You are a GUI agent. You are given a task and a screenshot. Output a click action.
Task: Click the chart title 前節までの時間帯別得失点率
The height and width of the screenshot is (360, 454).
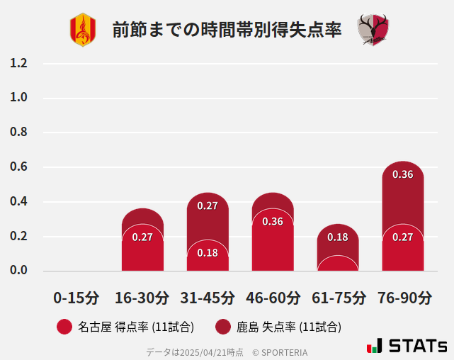point(227,30)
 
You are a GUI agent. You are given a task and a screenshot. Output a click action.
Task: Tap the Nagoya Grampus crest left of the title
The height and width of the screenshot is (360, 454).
point(82,30)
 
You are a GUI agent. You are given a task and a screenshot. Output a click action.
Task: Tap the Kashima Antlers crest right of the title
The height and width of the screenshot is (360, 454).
point(373,30)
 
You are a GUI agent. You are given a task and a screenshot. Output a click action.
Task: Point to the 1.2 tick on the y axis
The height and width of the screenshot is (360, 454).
point(18,63)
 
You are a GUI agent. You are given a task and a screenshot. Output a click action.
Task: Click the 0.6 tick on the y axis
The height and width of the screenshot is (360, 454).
point(18,167)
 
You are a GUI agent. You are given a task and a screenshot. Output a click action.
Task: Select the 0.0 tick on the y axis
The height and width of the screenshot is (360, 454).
point(18,271)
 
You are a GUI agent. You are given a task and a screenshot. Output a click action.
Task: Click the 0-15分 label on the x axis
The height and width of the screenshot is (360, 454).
point(76,297)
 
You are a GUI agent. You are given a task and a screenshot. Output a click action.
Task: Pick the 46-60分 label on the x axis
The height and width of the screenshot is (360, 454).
point(273,297)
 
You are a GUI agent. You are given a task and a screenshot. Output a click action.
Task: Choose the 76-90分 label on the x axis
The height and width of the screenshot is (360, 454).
point(403,297)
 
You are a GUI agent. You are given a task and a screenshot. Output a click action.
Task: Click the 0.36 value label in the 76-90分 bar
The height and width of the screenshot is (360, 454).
point(403,174)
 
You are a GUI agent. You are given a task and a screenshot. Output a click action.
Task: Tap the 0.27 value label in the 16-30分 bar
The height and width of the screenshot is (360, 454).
point(142,237)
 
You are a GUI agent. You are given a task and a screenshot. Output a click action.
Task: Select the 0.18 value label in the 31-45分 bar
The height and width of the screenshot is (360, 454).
point(208,253)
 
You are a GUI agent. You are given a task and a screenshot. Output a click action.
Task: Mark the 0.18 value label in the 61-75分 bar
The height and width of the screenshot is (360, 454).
point(338,237)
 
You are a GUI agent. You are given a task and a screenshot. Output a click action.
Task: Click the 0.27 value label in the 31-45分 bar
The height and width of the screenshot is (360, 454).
point(208,206)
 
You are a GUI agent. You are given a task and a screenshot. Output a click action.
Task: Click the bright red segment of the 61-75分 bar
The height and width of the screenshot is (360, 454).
point(338,264)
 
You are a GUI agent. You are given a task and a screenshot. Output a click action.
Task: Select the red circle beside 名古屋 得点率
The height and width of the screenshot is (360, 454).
point(64,327)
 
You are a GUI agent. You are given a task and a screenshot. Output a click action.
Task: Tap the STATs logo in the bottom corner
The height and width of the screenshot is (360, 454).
point(407,346)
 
